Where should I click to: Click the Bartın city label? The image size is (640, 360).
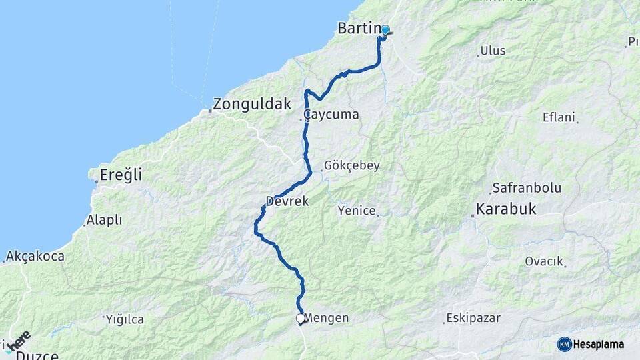point(359,29)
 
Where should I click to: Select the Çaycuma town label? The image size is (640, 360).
point(331,115)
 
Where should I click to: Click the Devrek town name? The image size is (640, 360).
point(287,201)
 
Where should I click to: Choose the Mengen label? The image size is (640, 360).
point(327,318)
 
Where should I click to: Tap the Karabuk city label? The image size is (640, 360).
point(507,209)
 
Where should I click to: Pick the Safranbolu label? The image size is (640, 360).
point(527,188)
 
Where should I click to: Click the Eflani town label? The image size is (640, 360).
point(559,117)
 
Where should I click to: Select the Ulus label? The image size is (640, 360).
point(493,51)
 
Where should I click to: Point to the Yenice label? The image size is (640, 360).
point(357,211)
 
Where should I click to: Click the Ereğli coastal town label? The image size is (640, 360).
point(121,175)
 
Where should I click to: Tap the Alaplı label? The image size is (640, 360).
point(104,219)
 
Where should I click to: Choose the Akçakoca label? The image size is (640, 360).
point(35,256)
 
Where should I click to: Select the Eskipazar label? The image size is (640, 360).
point(473,318)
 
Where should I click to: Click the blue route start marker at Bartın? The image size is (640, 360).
point(385,30)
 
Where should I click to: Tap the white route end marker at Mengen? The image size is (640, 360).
point(301,319)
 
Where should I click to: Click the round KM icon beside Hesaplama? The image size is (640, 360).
point(565,344)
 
